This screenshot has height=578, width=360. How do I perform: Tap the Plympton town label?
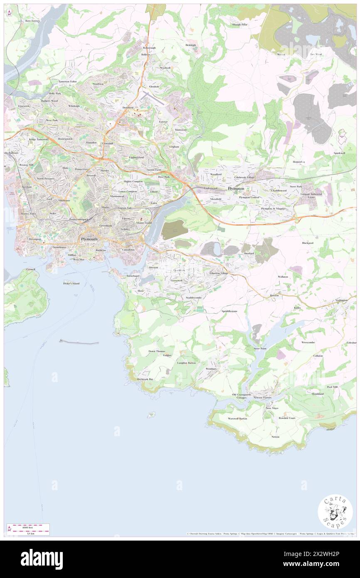tap(236, 188)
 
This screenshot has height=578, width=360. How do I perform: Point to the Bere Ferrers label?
tap(32, 20)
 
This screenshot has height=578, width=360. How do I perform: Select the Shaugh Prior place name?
tap(239, 25)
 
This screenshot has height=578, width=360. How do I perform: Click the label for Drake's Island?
tap(71, 284)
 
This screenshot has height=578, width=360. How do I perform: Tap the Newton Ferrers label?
tap(262, 398)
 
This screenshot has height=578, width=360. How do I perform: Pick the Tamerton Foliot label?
tap(68, 82)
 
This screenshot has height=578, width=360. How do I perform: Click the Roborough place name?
tap(149, 48)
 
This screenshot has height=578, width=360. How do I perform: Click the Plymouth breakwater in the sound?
tap(79, 342)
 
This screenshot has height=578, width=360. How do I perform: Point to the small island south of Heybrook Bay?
tap(152, 414)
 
